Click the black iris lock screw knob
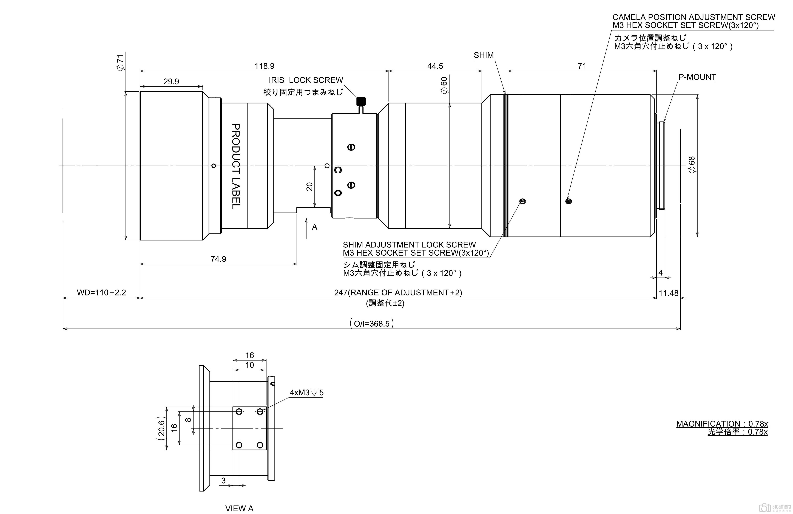pyautogui.click(x=361, y=101)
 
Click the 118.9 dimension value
pyautogui.click(x=265, y=66)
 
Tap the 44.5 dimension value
pyautogui.click(x=435, y=66)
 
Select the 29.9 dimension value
pyautogui.click(x=171, y=81)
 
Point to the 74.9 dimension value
pyautogui.click(x=218, y=259)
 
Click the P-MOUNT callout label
pyautogui.click(x=697, y=77)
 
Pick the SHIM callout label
pyautogui.click(x=484, y=55)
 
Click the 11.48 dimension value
pyautogui.click(x=668, y=293)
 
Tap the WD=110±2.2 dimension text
pyautogui.click(x=101, y=293)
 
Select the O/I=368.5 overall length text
pyautogui.click(x=371, y=324)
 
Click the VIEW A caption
pyautogui.click(x=239, y=508)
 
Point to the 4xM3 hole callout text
pyautogui.click(x=306, y=393)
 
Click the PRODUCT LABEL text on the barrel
pyautogui.click(x=236, y=166)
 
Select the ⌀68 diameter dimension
pyautogui.click(x=692, y=165)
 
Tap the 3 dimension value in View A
pyautogui.click(x=224, y=480)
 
